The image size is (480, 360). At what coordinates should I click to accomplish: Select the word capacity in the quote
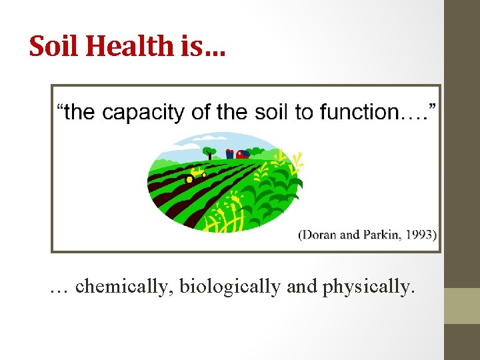143,112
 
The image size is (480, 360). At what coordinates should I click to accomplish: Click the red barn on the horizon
242,154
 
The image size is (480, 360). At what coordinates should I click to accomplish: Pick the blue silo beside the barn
230,153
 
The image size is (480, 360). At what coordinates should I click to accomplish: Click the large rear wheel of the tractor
189,179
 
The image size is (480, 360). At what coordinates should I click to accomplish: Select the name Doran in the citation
320,234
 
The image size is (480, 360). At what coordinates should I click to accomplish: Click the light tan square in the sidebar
462,305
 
